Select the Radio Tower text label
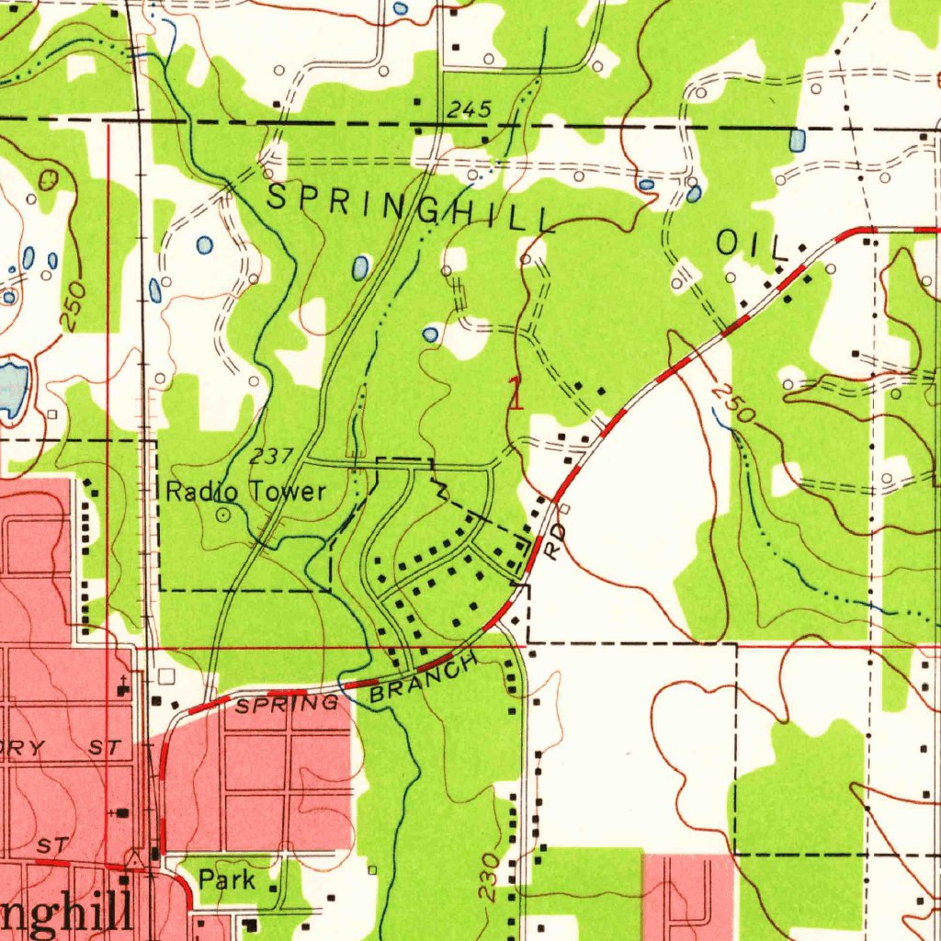coord(245,493)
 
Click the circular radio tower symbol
coord(222,516)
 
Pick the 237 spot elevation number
coord(271,457)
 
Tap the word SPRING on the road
coord(287,705)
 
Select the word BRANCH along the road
coord(424,679)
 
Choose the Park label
coord(227,880)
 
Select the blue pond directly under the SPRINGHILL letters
coord(360,267)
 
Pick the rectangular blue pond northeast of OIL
coord(797,140)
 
